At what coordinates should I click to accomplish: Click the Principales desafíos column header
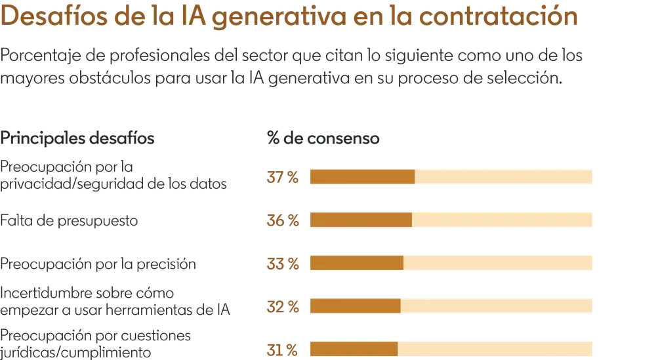(79, 139)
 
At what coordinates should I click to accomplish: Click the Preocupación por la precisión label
(98, 265)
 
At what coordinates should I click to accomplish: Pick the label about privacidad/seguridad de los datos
(115, 176)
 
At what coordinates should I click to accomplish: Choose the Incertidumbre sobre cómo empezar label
(118, 298)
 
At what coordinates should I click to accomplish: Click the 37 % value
(283, 178)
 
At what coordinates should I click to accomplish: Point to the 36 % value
(283, 221)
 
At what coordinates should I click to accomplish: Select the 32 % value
(283, 306)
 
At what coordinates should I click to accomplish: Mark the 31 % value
(283, 349)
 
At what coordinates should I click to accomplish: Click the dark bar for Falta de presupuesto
(360, 220)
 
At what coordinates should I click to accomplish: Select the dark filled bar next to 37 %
(361, 178)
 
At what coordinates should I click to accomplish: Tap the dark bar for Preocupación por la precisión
(356, 264)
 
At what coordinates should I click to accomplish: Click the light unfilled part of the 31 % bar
(495, 349)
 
